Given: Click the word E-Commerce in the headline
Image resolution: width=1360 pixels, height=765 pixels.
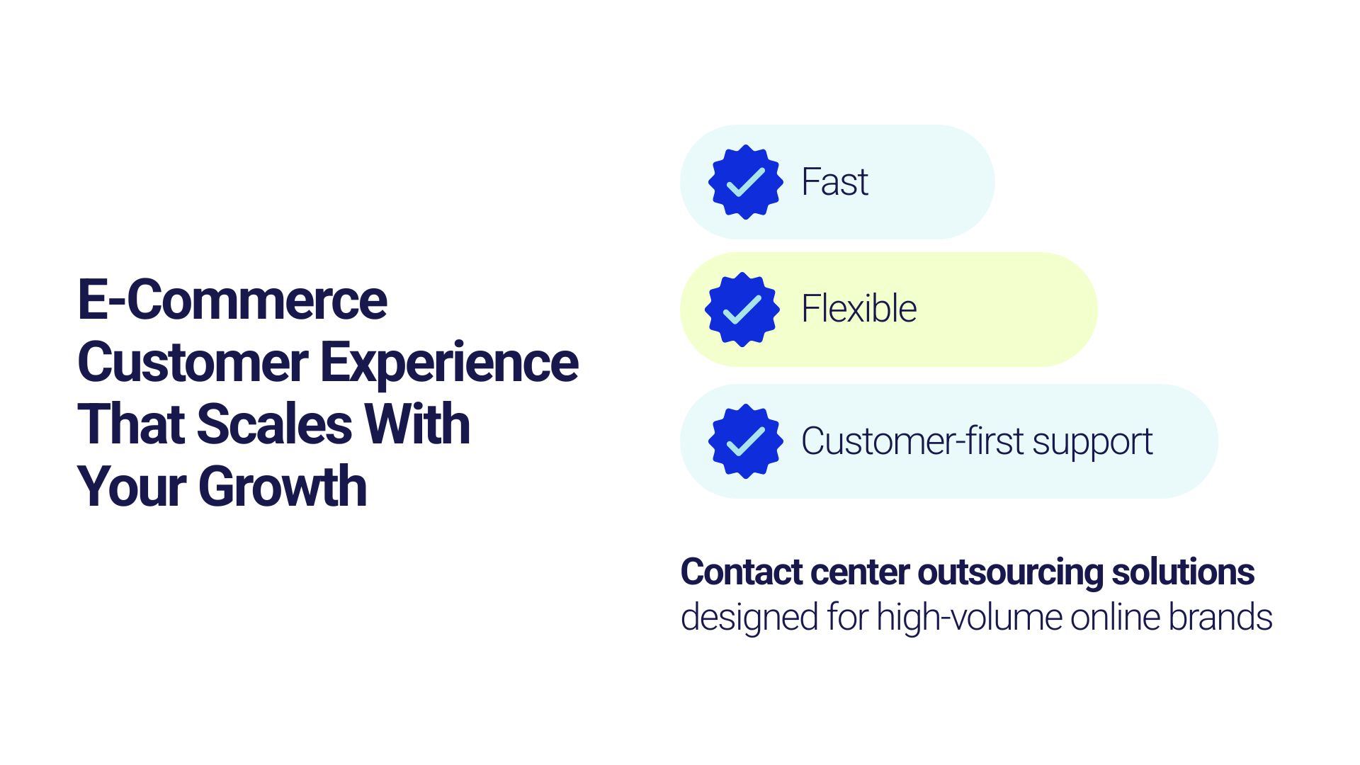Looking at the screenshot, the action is tap(232, 300).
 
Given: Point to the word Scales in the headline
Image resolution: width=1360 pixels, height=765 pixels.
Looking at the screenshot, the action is tap(273, 424).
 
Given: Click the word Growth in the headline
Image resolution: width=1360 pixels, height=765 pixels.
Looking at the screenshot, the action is tap(283, 487).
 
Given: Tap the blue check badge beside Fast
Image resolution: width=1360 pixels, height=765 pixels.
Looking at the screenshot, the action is tap(745, 182).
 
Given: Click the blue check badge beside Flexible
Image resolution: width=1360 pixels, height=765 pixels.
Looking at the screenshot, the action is tap(742, 310).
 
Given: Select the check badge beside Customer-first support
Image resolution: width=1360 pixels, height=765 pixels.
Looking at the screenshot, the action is tap(745, 441).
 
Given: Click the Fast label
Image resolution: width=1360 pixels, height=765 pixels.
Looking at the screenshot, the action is tap(834, 182).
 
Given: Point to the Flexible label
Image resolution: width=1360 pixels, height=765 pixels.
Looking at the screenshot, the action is tap(859, 309).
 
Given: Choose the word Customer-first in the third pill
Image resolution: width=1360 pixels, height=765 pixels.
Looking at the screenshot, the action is tap(914, 441).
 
